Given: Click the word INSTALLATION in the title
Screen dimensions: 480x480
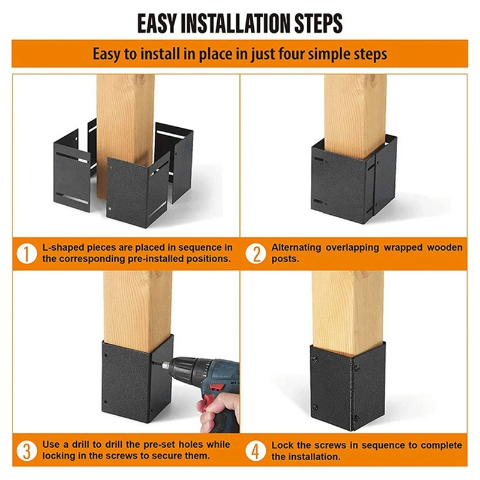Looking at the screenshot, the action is pyautogui.click(x=236, y=23).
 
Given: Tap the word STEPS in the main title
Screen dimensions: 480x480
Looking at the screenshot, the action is pyautogui.click(x=319, y=23).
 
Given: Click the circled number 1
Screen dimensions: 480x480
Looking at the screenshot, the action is pyautogui.click(x=26, y=254).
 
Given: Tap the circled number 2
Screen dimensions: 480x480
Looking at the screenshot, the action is pyautogui.click(x=256, y=254).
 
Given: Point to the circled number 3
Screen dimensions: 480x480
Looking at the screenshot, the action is pyautogui.click(x=26, y=451).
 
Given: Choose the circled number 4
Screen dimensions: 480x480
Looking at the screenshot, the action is pyautogui.click(x=256, y=451).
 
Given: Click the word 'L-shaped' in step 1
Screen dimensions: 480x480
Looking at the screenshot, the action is pyautogui.click(x=63, y=248).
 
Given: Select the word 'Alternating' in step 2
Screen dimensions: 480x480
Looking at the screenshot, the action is pyautogui.click(x=296, y=247).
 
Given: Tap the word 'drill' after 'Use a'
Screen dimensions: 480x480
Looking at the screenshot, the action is pyautogui.click(x=81, y=445).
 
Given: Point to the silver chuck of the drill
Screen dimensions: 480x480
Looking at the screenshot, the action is pyautogui.click(x=166, y=365).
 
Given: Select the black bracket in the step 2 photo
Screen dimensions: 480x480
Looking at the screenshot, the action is pyautogui.click(x=353, y=178).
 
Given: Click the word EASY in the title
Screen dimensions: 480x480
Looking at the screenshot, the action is pyautogui.click(x=157, y=23).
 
